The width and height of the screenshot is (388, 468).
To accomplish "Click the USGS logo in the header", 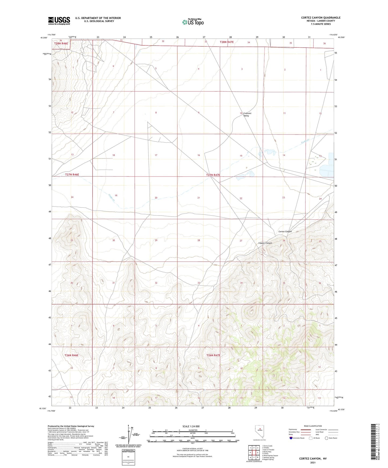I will (59, 21).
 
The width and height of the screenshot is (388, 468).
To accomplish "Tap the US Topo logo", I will (193, 22).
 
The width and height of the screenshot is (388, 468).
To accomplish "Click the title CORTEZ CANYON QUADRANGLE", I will (321, 18).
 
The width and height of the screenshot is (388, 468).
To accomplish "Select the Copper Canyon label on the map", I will (265, 243).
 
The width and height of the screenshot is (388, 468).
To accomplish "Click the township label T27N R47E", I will (213, 175).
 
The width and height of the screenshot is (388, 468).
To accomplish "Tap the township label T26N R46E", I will (72, 355).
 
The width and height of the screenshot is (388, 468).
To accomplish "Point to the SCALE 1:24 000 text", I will (191, 426).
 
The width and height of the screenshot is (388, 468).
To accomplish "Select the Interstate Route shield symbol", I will (291, 438).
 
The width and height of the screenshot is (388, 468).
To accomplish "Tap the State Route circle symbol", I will (327, 438).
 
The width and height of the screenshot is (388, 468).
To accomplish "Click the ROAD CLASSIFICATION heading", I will (313, 426).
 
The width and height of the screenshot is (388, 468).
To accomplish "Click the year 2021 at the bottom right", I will (313, 463).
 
